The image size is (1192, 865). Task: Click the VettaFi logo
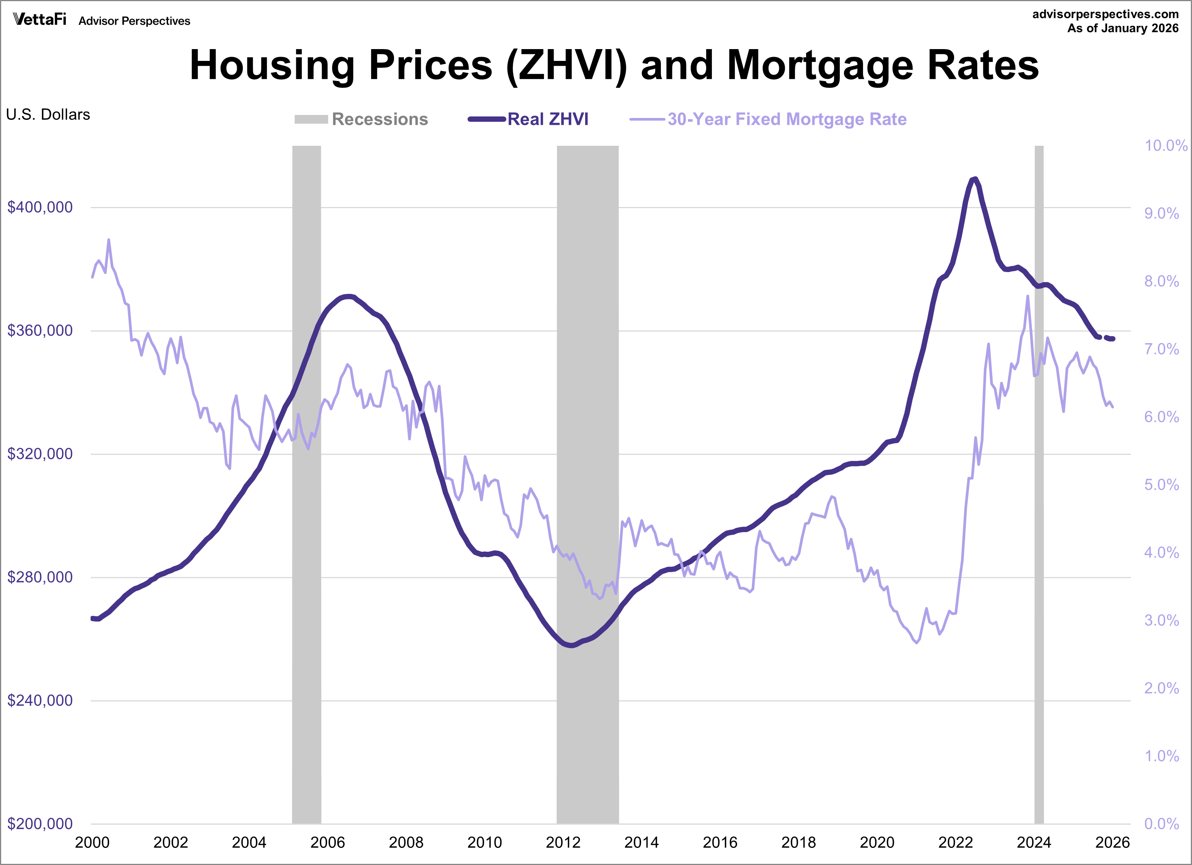40,19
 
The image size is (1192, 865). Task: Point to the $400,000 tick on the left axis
40,207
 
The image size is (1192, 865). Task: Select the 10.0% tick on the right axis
1166,146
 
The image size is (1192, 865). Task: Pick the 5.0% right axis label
1162,484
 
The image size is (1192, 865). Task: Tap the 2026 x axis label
1112,843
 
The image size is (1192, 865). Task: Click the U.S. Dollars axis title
48,115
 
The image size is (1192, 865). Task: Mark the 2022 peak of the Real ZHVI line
975,179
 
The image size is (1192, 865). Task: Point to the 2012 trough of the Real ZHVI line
571,645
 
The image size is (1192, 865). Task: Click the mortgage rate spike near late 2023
1028,296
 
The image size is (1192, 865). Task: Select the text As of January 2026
1123,29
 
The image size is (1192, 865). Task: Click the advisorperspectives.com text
1105,14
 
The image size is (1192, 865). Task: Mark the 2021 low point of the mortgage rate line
917,642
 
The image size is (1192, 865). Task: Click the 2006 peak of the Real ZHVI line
348,296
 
